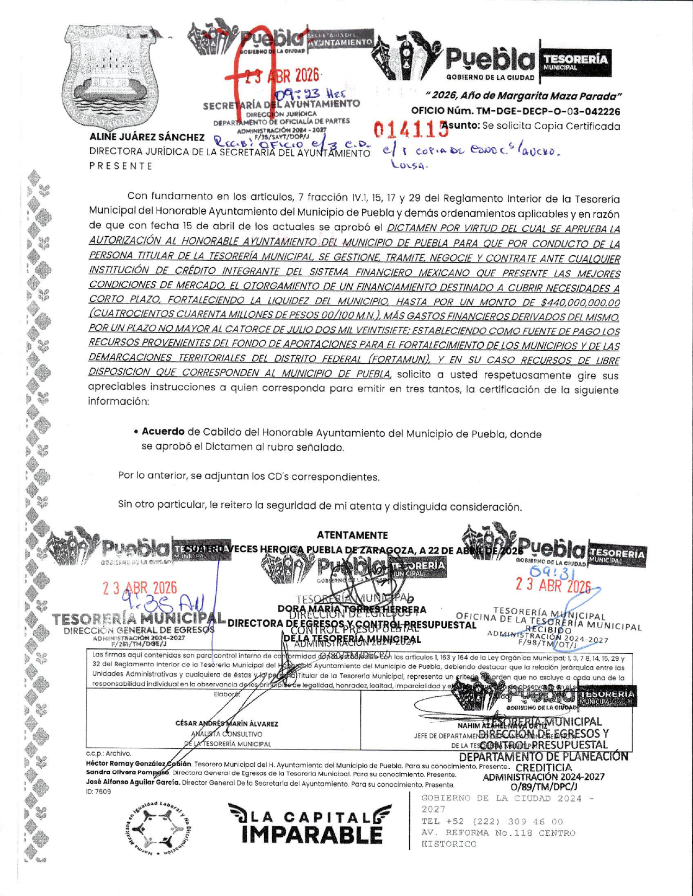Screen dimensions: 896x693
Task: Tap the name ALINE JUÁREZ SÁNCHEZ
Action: (147, 137)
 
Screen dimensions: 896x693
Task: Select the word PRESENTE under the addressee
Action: (121, 166)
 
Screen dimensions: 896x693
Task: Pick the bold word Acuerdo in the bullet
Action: (163, 432)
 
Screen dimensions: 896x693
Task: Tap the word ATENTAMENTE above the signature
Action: (352, 535)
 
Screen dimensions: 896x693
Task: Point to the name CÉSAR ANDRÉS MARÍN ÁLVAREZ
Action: (227, 724)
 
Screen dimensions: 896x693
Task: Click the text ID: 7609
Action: (98, 792)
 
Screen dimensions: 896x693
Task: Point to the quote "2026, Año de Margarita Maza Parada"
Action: (523, 96)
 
